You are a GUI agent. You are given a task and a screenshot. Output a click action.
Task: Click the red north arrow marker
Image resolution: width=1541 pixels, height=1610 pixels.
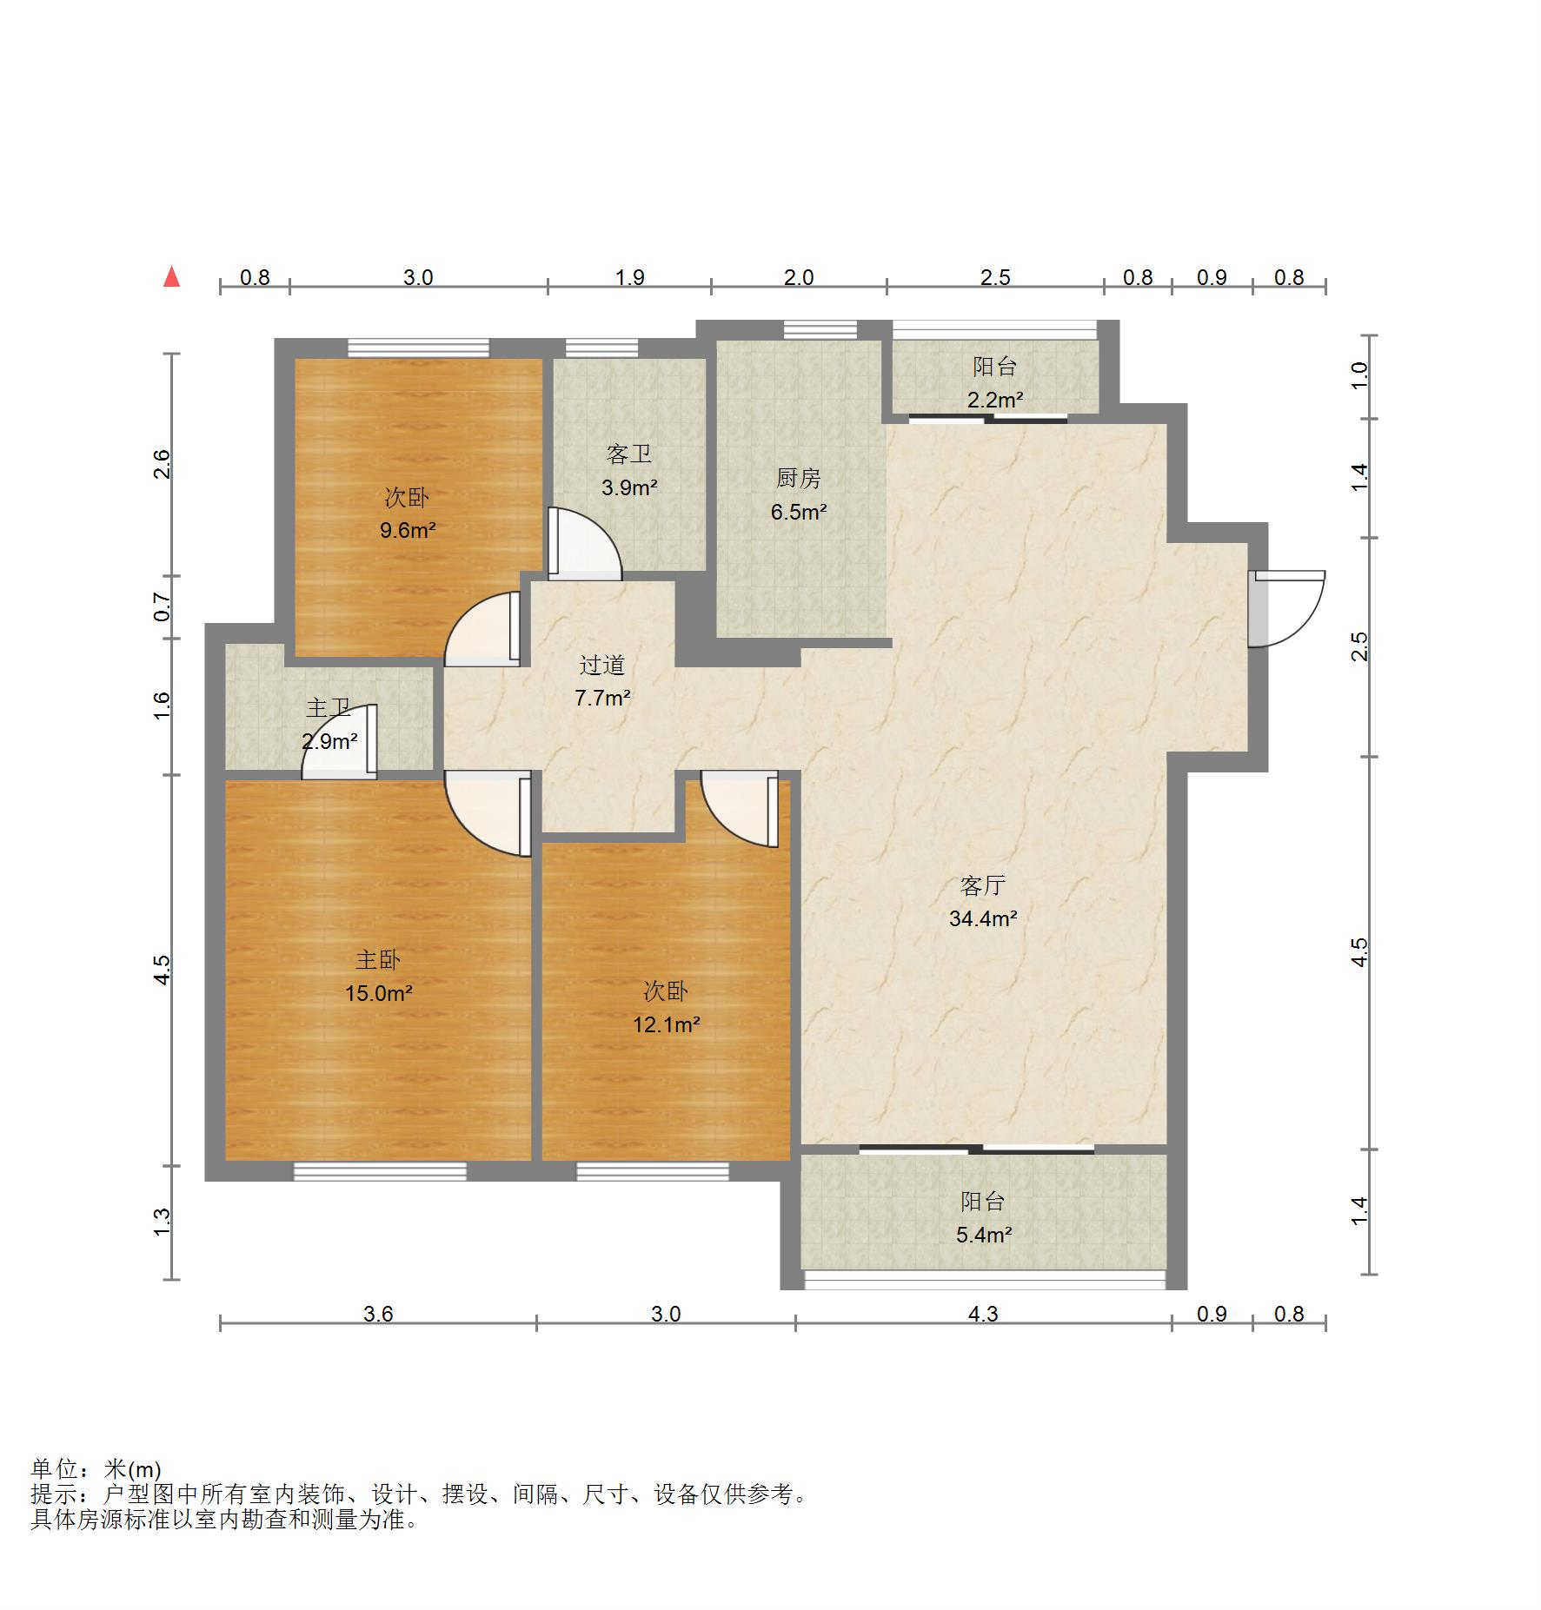pos(172,276)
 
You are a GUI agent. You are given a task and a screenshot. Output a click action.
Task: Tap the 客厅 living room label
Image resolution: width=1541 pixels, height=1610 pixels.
pos(983,885)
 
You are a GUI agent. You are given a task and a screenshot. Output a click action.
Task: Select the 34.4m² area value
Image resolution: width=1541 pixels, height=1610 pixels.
pos(983,918)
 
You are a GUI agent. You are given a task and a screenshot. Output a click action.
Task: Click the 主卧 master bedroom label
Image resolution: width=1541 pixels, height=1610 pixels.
pos(378,960)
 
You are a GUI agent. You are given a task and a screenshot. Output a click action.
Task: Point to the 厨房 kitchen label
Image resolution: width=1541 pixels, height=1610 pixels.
pos(798,478)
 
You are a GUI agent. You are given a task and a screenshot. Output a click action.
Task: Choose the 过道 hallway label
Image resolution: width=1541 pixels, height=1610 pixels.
pos(602,666)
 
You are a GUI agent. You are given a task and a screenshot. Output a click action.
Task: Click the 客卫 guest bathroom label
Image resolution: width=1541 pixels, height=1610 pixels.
pos(629,454)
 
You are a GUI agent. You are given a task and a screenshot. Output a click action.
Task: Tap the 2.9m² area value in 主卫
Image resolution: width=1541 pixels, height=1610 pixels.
pos(329,742)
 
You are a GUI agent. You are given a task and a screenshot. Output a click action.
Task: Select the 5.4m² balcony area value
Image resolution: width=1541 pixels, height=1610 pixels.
pos(984,1235)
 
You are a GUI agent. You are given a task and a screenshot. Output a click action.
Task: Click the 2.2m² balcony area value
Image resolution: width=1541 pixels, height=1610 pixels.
pos(995,400)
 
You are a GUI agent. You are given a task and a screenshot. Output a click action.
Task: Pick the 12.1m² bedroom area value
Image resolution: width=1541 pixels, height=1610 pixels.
pos(667,1024)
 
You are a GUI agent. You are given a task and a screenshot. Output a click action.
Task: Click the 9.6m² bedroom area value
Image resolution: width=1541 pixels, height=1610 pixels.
pos(407,530)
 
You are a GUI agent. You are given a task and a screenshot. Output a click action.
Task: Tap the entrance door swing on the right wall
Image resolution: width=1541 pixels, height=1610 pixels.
pos(1286,609)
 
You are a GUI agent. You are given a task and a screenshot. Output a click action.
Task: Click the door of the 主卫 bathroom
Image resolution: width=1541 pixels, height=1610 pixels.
pos(339,741)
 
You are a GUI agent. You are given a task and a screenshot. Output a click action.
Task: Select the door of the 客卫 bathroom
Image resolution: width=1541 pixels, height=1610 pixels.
pos(585,543)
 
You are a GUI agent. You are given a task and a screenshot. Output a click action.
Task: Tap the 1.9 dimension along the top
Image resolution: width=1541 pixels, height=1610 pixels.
pos(630,277)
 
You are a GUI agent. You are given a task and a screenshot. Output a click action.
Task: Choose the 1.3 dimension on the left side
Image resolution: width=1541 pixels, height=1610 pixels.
pos(163,1222)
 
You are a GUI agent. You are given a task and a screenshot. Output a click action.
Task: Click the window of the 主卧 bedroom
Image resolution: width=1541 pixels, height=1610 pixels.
pos(380,1171)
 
